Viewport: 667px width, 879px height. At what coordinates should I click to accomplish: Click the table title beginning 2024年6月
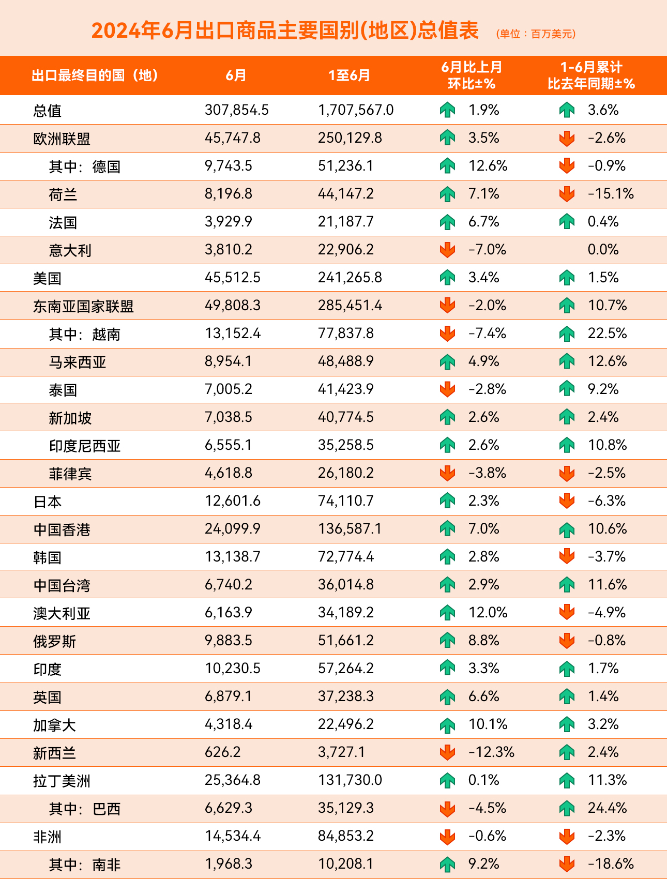pyautogui.click(x=285, y=31)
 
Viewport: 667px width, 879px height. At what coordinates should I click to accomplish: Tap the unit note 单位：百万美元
pyautogui.click(x=536, y=34)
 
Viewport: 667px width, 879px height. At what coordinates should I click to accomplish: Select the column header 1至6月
pyautogui.click(x=350, y=75)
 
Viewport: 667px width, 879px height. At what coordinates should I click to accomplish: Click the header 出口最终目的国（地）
pyautogui.click(x=95, y=75)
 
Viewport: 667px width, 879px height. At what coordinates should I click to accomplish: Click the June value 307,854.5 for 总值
pyautogui.click(x=236, y=110)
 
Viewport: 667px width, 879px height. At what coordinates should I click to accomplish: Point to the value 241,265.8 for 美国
pyautogui.click(x=350, y=278)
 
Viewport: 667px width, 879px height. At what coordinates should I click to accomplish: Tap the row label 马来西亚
pyautogui.click(x=78, y=362)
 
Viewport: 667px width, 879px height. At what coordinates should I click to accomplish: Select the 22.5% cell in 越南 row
pyautogui.click(x=607, y=334)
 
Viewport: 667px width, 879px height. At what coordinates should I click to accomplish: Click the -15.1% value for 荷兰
pyautogui.click(x=611, y=194)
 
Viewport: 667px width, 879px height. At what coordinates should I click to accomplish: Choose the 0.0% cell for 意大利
pyautogui.click(x=603, y=250)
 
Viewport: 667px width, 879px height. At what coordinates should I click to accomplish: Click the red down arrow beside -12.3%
pyautogui.click(x=447, y=752)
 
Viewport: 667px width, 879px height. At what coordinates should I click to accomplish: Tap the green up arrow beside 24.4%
pyautogui.click(x=567, y=808)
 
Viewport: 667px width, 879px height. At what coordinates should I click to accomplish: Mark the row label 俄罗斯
pyautogui.click(x=54, y=641)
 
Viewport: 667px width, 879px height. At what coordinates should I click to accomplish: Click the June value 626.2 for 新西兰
pyautogui.click(x=222, y=752)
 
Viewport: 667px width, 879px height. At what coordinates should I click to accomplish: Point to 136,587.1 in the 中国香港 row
pyautogui.click(x=350, y=529)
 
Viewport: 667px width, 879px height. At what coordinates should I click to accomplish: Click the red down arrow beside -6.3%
pyautogui.click(x=567, y=501)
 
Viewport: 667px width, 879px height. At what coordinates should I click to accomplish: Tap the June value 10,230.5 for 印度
pyautogui.click(x=232, y=669)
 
